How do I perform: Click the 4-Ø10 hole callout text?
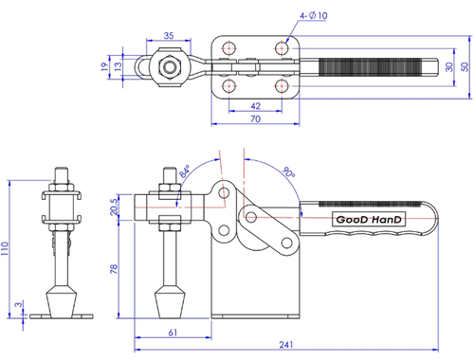pos(314,15)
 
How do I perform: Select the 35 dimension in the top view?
pos(169,35)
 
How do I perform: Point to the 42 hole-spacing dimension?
pos(255,106)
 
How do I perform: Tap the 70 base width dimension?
pos(255,119)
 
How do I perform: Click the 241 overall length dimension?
pos(286,345)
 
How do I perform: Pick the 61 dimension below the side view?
pos(173,333)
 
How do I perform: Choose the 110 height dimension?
pos(5,248)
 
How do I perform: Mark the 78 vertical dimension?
pos(114,269)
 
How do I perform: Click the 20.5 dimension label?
pos(114,207)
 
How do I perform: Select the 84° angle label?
pos(184,171)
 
